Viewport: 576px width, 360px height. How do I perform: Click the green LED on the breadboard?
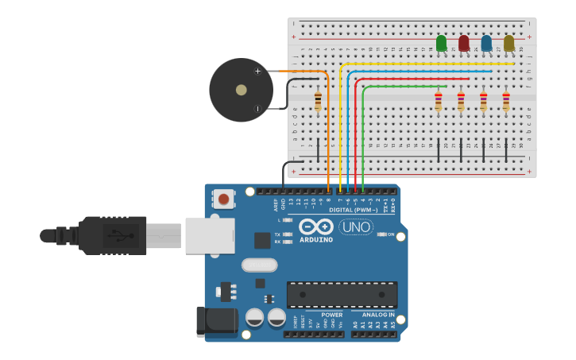[x=442, y=43]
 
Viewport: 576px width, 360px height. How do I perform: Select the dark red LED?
[x=464, y=43]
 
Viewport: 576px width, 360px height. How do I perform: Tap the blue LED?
[x=486, y=43]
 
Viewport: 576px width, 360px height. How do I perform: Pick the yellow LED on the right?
[x=509, y=43]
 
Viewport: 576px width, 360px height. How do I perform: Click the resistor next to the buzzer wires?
[x=319, y=101]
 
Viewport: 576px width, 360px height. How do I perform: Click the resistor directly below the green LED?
[x=438, y=101]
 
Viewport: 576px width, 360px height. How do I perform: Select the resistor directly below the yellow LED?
[x=506, y=101]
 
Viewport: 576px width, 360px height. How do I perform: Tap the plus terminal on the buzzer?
[x=257, y=72]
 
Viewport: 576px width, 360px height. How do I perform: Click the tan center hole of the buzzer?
[x=241, y=90]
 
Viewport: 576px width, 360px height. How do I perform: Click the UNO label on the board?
[x=356, y=226]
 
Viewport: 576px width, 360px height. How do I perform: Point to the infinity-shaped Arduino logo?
[x=316, y=226]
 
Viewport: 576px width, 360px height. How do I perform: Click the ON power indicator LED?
[x=382, y=234]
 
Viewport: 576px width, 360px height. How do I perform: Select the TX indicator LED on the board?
[x=287, y=234]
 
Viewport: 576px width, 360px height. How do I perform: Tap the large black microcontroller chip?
[x=342, y=294]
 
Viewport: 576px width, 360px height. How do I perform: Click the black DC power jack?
[x=216, y=320]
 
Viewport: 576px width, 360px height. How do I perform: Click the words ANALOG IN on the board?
[x=373, y=315]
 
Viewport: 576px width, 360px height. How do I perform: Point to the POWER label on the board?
[x=332, y=315]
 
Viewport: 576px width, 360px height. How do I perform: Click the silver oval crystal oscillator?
[x=259, y=265]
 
